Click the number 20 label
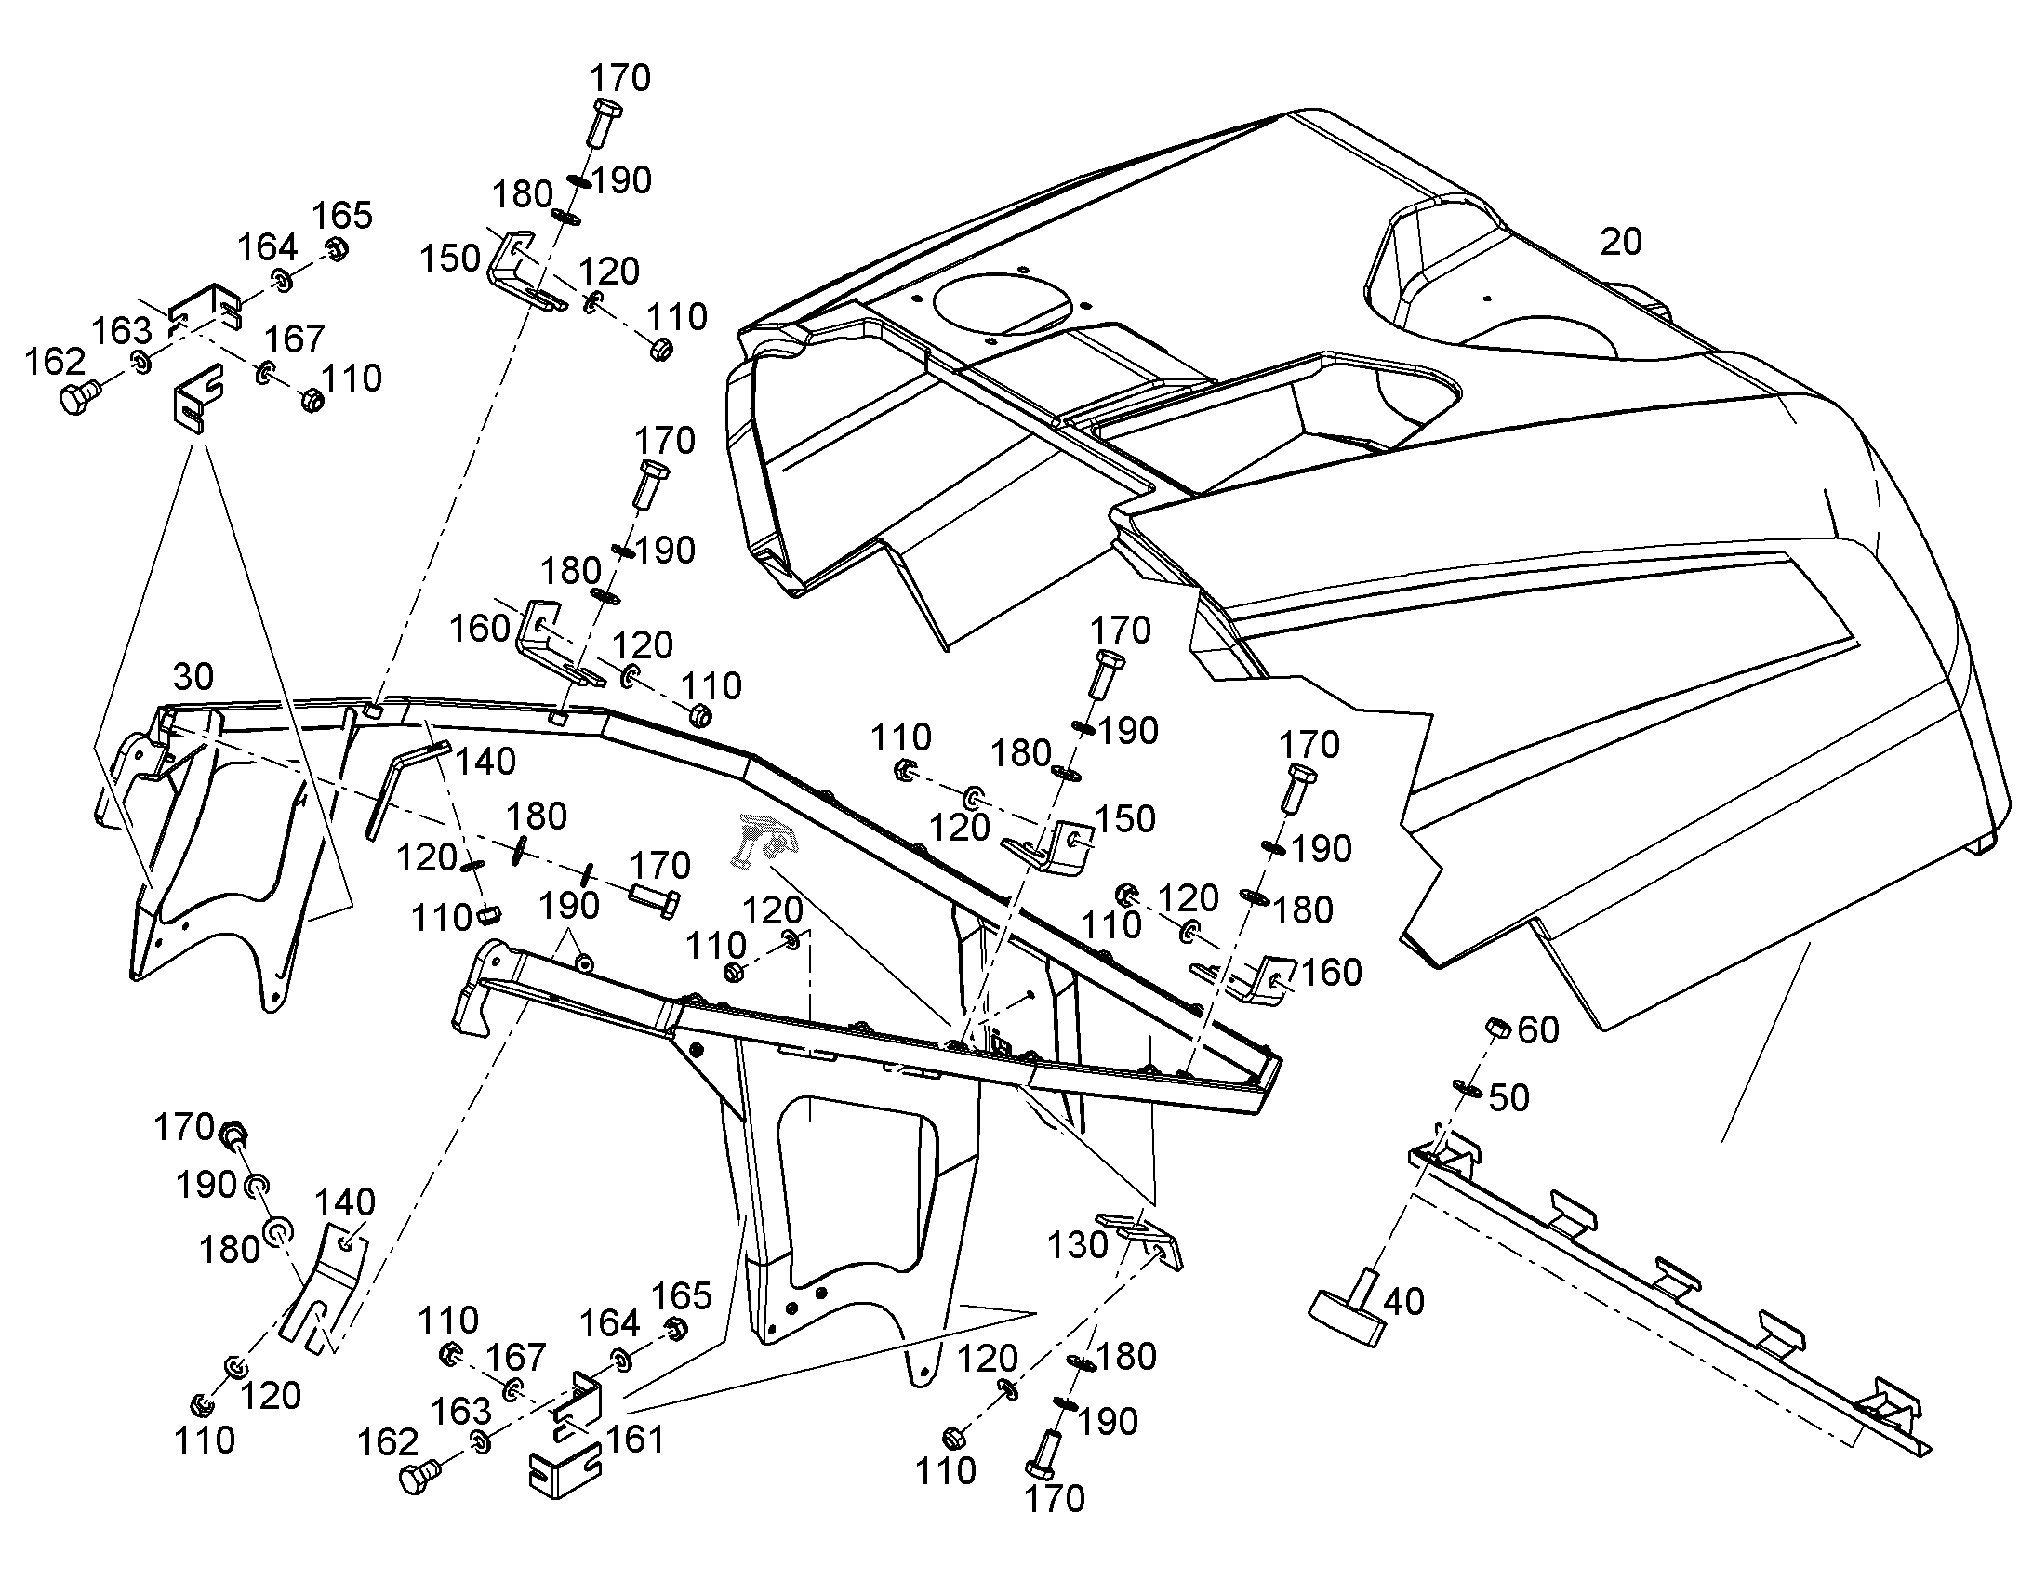tap(1621, 242)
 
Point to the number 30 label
tap(193, 676)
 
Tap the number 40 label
tap(1403, 1301)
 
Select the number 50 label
tap(1508, 1097)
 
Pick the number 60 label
tap(1539, 1029)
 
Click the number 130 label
tap(1078, 1244)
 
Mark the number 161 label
tap(635, 1440)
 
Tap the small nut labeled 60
tap(1497, 1027)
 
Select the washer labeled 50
tap(1467, 1087)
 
